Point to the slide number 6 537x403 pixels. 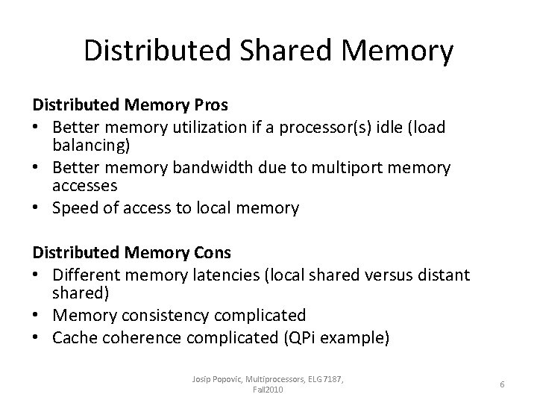(503, 384)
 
